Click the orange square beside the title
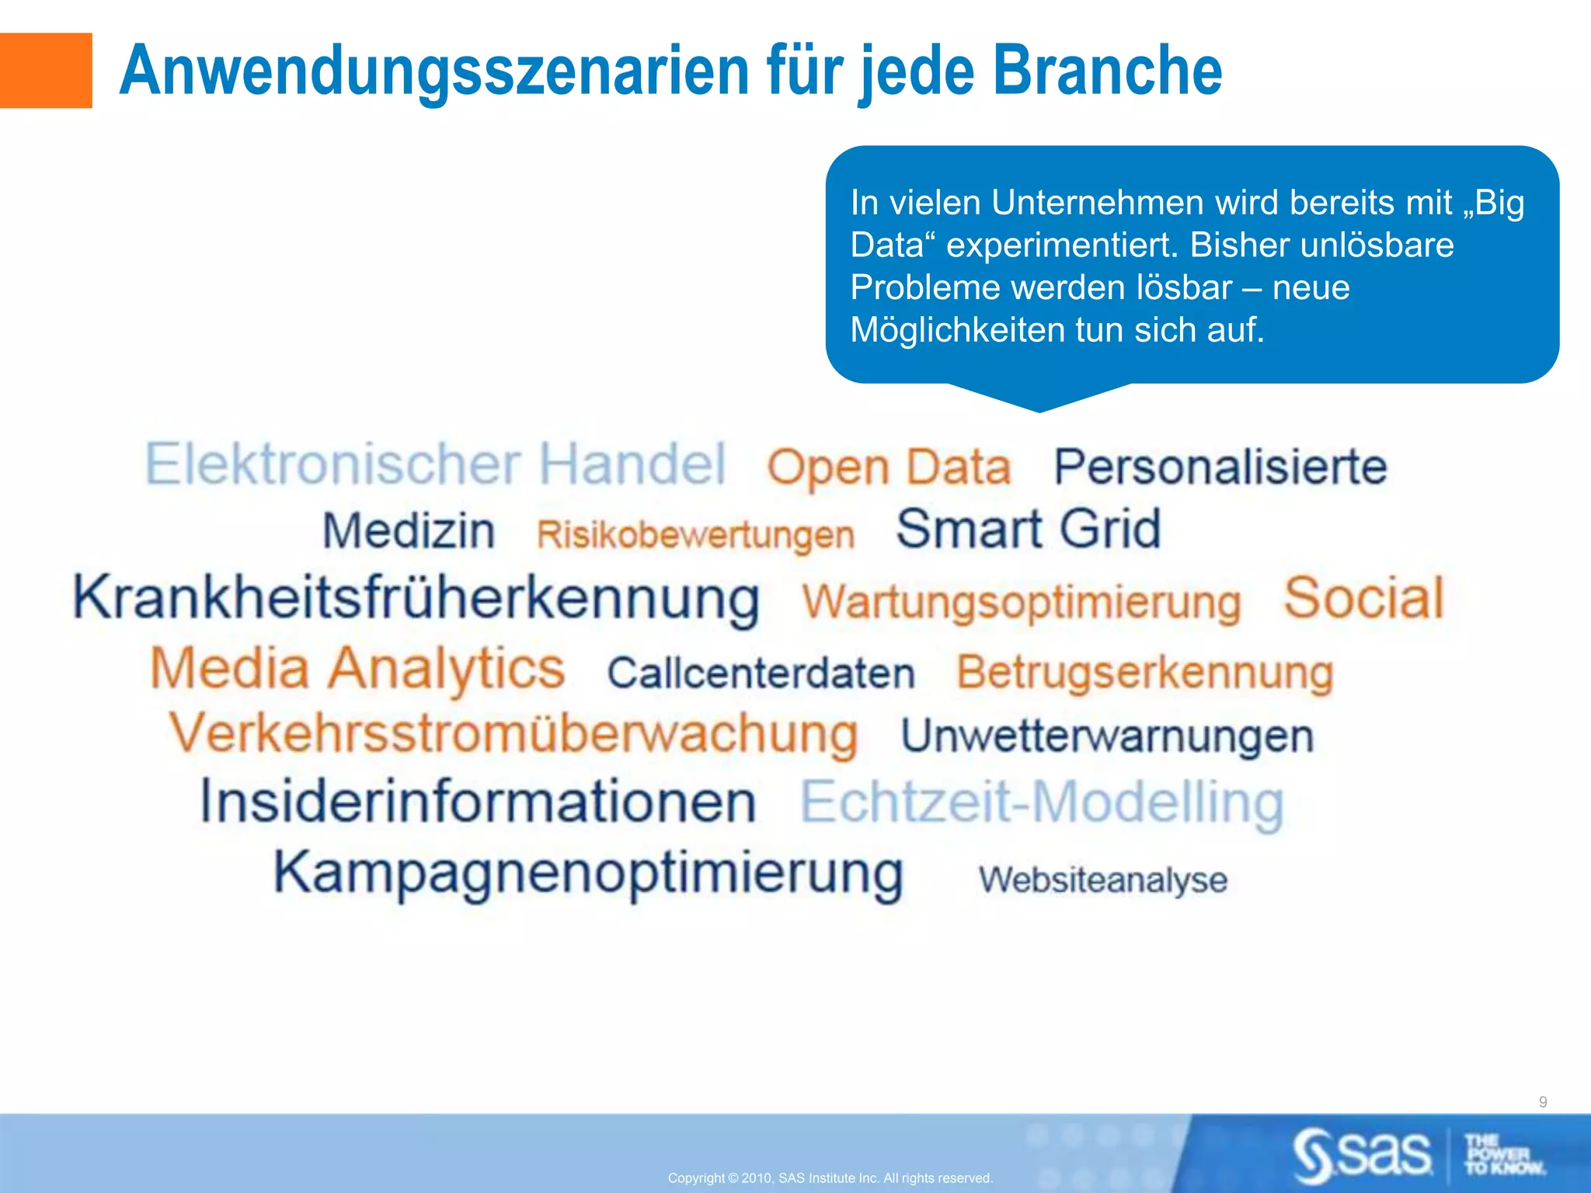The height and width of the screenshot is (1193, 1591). (45, 70)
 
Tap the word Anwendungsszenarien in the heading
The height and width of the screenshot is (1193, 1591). (435, 71)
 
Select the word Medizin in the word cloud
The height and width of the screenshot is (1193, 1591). (409, 531)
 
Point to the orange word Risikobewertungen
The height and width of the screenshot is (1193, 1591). (695, 534)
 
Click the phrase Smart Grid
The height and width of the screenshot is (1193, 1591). (1028, 529)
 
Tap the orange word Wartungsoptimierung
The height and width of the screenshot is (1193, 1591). (1021, 603)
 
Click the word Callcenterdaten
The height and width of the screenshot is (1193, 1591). (761, 673)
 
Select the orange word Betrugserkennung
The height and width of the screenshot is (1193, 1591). (1144, 672)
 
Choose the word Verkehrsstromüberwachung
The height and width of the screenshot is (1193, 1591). (514, 734)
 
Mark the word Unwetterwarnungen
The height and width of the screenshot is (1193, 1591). (1107, 736)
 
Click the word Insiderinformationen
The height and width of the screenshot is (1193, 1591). (478, 802)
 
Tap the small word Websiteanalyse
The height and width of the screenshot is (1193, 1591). (1102, 880)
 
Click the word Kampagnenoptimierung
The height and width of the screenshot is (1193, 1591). (588, 874)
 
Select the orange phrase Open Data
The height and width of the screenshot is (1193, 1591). (889, 468)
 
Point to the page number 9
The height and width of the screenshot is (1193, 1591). (1542, 1101)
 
